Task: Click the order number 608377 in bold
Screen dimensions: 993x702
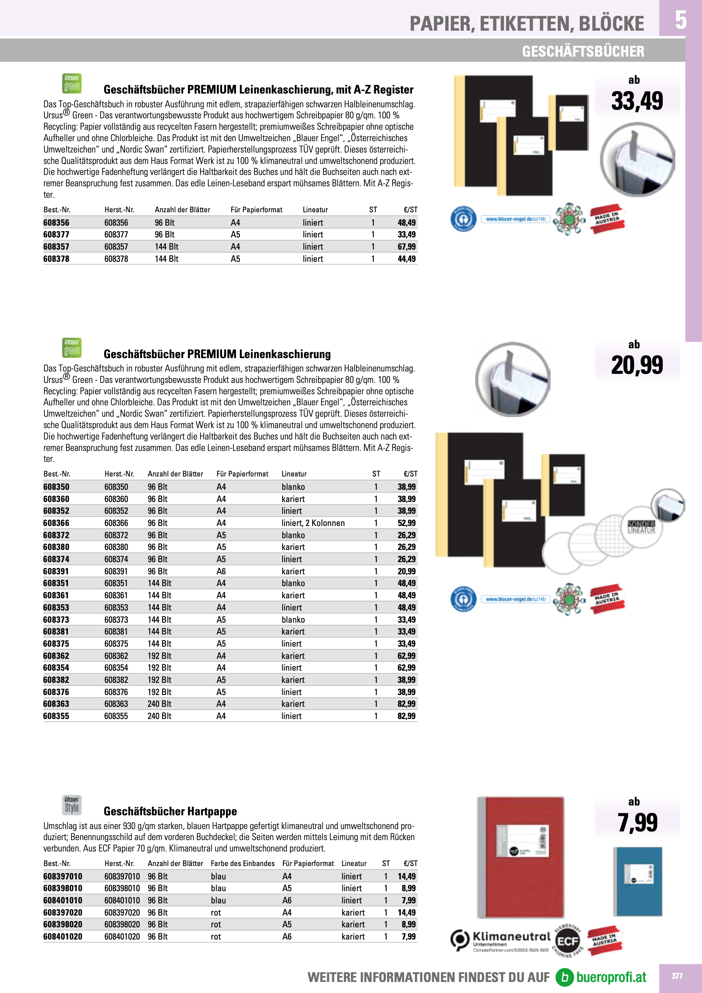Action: (x=56, y=234)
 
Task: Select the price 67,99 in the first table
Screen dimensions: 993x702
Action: (x=406, y=246)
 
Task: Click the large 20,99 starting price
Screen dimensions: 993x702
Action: (x=637, y=366)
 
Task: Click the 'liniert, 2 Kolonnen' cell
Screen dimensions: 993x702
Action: (x=313, y=523)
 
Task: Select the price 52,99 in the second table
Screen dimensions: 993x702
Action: (x=406, y=523)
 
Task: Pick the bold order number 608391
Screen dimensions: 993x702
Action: (x=56, y=571)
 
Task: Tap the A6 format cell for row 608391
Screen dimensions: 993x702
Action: (x=221, y=571)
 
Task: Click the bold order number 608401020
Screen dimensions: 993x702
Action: (x=63, y=936)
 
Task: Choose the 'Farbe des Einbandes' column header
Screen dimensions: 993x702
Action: (x=242, y=863)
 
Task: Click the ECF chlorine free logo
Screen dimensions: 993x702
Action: (x=568, y=941)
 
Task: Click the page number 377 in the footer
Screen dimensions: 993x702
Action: (x=676, y=976)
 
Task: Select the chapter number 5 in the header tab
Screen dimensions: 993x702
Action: (x=680, y=20)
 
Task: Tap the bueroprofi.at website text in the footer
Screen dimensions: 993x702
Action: (x=611, y=977)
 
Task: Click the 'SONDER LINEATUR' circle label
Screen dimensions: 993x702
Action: (x=641, y=527)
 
